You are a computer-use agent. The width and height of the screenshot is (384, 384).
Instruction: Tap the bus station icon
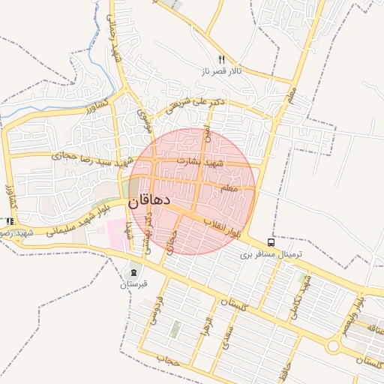(x=270, y=242)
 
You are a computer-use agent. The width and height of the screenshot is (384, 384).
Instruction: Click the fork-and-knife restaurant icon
(x=220, y=58)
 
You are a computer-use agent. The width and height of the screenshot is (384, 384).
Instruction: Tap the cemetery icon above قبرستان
(x=134, y=271)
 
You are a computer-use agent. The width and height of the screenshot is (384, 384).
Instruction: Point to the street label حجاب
(x=169, y=360)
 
